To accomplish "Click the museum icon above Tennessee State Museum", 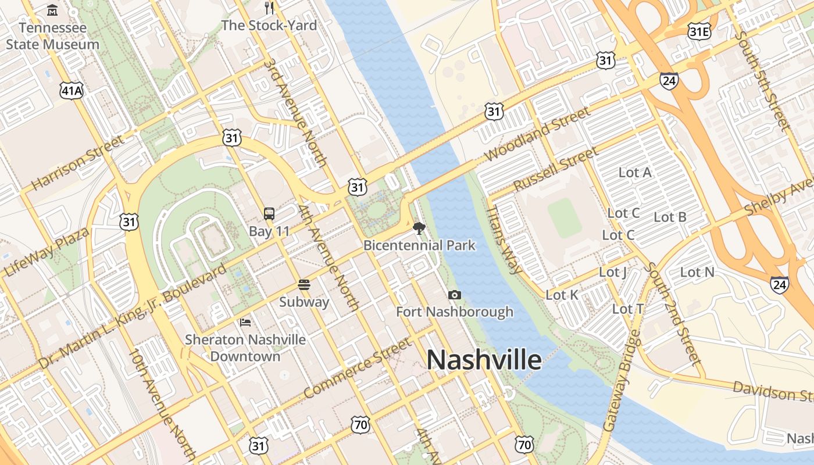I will point(52,10).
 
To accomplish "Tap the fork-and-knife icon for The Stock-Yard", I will point(269,8).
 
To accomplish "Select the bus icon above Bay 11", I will point(269,213).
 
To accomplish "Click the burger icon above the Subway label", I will point(304,285).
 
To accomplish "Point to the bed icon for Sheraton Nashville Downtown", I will point(245,322).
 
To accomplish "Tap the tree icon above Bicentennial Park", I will point(419,228).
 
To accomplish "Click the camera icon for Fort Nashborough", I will point(455,295).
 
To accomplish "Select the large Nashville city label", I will point(484,360).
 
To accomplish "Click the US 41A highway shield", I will point(72,89).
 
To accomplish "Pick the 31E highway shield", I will point(698,31).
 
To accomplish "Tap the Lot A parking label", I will point(635,172).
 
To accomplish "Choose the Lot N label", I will point(697,272).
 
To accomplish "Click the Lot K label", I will point(562,295).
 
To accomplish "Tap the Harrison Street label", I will point(78,163).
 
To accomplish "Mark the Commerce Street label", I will point(357,369).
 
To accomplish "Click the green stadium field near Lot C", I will point(564,217).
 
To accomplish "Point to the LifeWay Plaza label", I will point(47,252).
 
